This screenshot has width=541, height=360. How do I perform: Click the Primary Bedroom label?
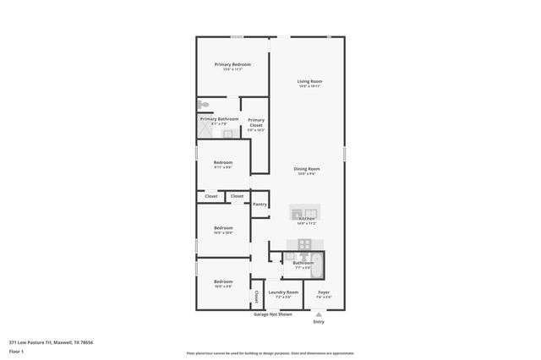(232, 64)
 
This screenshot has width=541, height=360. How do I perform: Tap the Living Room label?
(309, 81)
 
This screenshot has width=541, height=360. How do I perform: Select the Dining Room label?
(306, 169)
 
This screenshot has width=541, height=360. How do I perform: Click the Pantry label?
(260, 204)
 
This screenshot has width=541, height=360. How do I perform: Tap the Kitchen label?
(306, 219)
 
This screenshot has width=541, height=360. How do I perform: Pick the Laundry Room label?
(283, 292)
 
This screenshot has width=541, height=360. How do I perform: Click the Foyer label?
(323, 292)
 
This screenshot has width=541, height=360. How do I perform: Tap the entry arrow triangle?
(319, 314)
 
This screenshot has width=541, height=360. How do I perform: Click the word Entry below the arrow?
(319, 321)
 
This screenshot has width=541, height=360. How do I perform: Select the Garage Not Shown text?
(273, 314)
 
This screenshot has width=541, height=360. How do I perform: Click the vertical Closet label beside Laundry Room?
(256, 296)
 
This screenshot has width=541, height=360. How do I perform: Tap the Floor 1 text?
(16, 350)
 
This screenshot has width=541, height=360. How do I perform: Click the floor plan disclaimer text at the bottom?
(270, 353)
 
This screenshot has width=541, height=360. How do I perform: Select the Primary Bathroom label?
(219, 119)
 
